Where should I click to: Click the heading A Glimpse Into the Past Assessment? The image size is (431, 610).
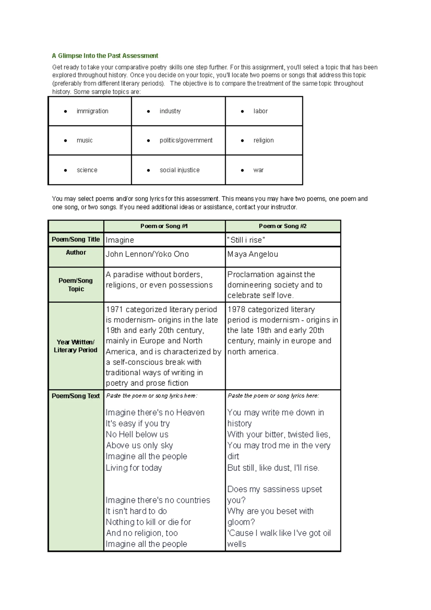105,56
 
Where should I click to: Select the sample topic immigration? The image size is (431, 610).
92,111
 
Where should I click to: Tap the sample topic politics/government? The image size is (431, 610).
186,140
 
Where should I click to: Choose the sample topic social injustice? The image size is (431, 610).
179,170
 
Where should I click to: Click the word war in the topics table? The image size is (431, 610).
258,170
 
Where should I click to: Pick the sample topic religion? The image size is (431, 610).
263,140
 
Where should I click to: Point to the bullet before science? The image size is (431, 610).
65,170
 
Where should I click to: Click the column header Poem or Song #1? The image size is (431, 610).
164,226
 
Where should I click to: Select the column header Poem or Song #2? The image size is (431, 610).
283,226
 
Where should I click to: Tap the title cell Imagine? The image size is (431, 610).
120,240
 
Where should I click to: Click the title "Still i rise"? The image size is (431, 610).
246,240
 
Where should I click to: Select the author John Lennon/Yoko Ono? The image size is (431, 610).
147,254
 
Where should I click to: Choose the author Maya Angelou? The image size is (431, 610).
252,254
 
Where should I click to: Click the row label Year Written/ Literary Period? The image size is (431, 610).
76,346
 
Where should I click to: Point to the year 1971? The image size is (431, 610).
114,309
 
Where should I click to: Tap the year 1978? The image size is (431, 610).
236,309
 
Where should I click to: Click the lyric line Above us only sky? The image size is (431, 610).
139,445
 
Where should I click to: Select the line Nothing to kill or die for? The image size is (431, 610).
148,522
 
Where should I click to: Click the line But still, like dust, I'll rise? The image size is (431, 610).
273,468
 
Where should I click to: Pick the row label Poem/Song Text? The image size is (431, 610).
76,396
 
